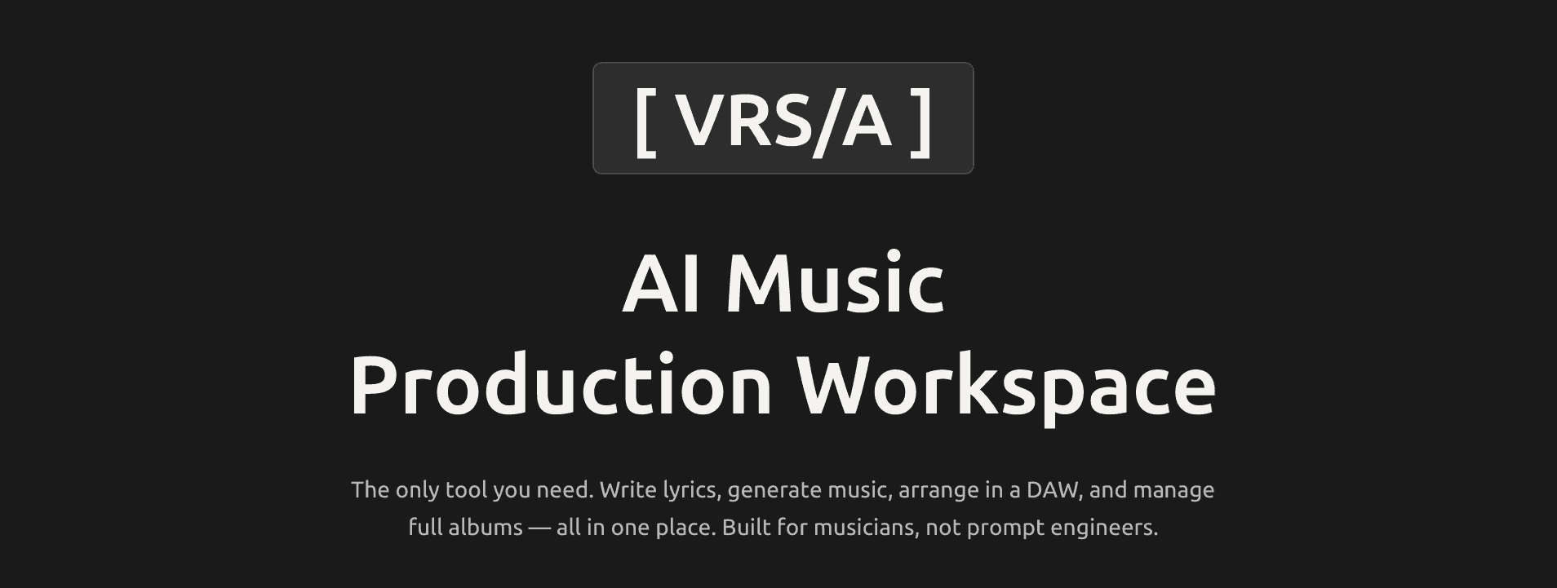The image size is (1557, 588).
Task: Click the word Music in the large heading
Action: click(835, 285)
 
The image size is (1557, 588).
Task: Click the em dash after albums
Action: click(539, 528)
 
